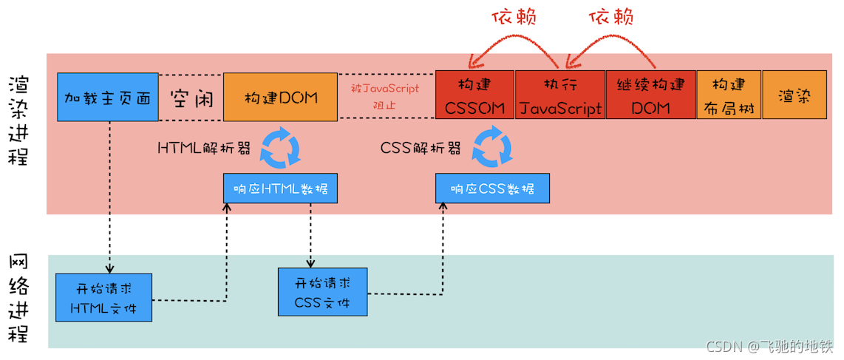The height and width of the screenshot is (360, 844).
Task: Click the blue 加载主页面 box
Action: pos(108,97)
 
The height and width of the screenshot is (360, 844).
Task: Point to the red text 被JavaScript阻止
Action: pos(385,97)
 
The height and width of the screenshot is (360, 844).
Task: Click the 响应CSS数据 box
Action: pos(492,189)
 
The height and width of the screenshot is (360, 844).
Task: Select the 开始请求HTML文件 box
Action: pos(103,296)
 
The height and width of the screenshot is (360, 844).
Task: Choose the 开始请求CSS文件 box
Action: pos(321,293)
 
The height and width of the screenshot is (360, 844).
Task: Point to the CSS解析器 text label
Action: pos(421,148)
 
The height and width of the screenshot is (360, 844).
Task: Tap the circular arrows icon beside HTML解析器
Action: pos(282,148)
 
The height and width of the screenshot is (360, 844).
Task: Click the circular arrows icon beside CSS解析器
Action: pos(492,147)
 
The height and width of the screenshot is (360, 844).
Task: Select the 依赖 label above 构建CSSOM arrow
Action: pos(514,17)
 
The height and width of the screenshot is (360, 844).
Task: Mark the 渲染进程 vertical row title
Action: pos(19,120)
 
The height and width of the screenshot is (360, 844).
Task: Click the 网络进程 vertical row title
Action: pos(19,299)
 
